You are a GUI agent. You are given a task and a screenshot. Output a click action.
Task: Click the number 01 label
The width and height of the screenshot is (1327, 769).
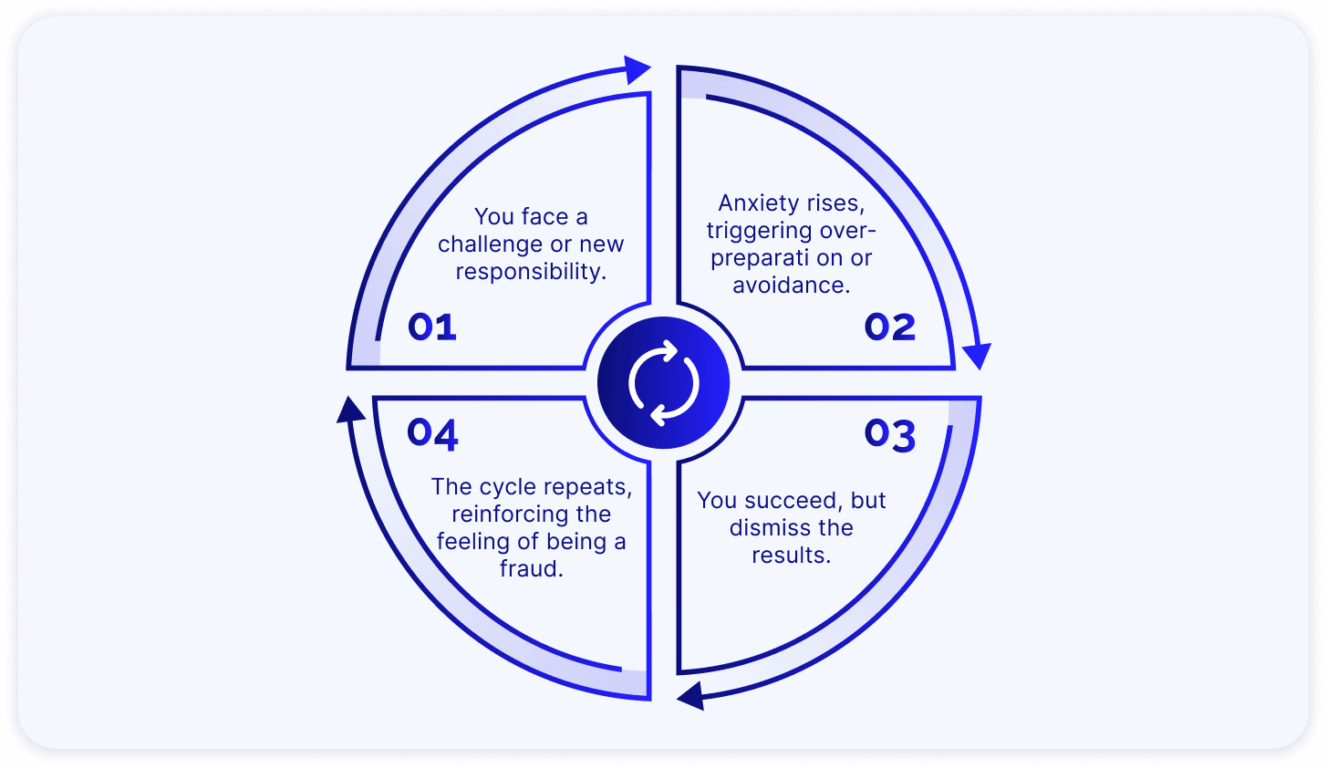tap(431, 327)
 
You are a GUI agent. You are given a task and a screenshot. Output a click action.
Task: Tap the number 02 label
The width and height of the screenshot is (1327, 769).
tap(889, 327)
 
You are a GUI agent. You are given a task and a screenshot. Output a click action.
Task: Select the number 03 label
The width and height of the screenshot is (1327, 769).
tap(889, 434)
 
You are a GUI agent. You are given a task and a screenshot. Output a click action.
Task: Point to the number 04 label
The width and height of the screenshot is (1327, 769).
tap(432, 433)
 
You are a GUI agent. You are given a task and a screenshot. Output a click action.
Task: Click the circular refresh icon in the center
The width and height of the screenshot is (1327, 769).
tap(664, 383)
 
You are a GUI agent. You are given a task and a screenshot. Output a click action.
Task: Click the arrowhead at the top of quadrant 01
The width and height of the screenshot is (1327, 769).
tap(637, 69)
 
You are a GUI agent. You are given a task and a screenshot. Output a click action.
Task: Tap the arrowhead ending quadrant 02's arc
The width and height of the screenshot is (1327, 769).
tap(978, 355)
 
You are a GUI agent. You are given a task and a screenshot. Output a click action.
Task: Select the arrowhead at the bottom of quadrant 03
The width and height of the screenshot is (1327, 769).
tap(690, 696)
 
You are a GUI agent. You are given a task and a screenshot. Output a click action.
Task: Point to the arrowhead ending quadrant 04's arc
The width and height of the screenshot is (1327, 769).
tap(349, 410)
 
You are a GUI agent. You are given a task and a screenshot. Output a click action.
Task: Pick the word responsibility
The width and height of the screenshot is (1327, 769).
tap(531, 272)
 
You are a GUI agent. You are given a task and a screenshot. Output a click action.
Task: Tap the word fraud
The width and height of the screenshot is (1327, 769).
tap(531, 569)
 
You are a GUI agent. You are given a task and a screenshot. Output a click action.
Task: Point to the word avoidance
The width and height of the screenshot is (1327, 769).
tap(791, 286)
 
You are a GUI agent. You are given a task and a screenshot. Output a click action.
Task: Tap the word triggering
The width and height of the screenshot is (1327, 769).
tap(759, 231)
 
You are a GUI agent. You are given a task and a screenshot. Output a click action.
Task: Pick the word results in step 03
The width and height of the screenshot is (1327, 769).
tap(791, 556)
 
